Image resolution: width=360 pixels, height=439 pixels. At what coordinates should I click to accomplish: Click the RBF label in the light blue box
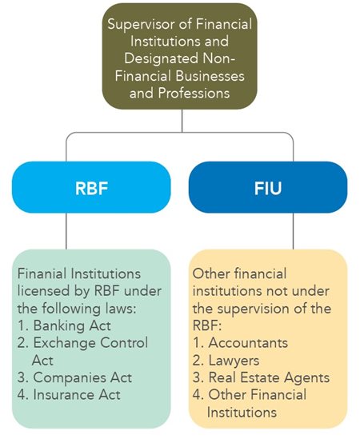pos(91,188)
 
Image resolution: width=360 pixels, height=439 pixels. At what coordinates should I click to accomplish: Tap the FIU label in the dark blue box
pos(268,188)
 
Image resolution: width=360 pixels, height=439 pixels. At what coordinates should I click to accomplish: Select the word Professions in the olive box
pos(194,93)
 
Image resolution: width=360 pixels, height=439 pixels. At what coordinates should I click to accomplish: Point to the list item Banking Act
pos(72,325)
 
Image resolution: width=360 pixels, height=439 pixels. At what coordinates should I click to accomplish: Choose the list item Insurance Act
pos(77,395)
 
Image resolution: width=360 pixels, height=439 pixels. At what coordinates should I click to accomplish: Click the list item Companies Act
pos(82,377)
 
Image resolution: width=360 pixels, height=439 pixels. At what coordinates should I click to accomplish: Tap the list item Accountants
pos(248,343)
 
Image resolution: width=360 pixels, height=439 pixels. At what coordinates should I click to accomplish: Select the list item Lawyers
pos(234,361)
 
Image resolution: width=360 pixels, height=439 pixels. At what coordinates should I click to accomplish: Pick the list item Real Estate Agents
pos(269,377)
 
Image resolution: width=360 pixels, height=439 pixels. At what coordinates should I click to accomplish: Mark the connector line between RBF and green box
pos(66,231)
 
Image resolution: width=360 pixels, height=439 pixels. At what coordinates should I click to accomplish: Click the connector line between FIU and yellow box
pos(294,231)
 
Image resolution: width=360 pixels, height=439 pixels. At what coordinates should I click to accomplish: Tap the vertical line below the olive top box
pos(182,121)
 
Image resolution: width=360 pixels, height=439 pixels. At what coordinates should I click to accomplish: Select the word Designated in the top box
pos(162,59)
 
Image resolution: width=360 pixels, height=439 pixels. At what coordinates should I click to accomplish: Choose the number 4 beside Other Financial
pos(197,395)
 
